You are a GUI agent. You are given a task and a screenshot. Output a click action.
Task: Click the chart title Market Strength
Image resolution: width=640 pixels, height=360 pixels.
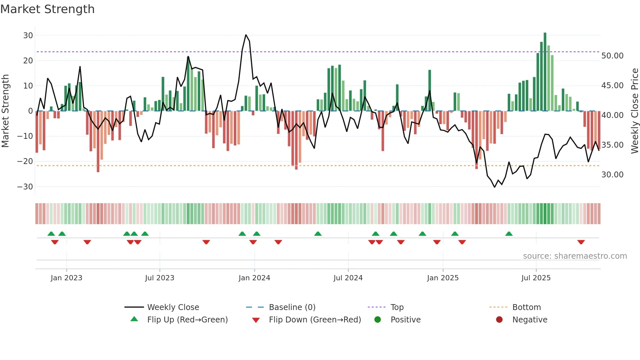47,9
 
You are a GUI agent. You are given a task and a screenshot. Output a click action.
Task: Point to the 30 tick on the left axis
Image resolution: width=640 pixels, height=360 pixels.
28,35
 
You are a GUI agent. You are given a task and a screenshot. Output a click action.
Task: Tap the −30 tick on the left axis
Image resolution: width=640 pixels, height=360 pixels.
25,187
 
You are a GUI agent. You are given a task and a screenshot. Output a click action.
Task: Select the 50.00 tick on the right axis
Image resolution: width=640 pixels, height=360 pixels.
612,56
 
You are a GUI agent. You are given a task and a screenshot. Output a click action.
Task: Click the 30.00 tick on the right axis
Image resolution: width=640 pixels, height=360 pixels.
612,175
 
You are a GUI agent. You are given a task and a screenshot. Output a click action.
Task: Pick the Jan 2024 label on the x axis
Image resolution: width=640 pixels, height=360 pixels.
254,278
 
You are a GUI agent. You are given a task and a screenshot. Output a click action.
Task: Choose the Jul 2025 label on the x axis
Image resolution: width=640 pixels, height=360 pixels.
536,278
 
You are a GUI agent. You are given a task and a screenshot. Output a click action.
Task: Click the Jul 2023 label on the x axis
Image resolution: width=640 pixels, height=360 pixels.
160,278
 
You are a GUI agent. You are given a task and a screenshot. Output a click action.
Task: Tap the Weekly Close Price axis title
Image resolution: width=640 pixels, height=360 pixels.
634,111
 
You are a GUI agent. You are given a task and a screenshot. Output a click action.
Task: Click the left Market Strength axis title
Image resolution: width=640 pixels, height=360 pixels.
5,111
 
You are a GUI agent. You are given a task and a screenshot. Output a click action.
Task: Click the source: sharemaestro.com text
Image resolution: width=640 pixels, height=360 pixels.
575,256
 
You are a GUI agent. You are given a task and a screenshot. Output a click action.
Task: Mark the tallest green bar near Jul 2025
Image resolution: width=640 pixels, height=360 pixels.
545,72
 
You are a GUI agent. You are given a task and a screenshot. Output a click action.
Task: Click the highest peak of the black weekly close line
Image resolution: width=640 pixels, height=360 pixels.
246,35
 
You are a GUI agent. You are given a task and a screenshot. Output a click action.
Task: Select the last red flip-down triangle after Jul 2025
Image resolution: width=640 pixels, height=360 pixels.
581,242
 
